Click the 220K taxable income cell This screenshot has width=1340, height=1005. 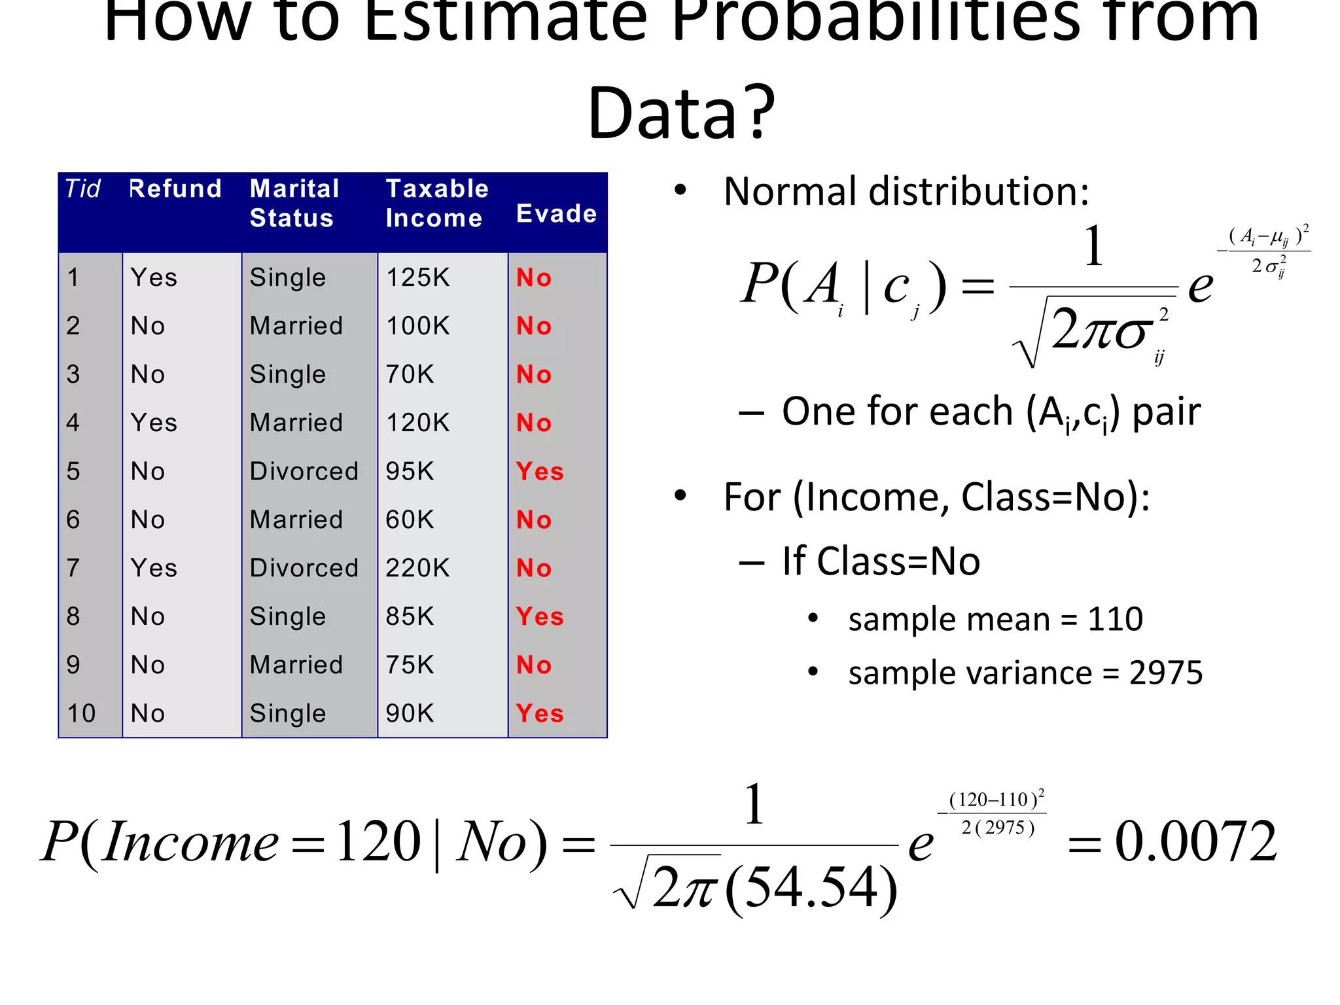(x=417, y=568)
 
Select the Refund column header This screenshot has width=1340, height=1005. (x=175, y=189)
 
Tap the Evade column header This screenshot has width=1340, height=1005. (x=556, y=214)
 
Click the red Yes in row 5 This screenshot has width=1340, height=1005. (x=540, y=471)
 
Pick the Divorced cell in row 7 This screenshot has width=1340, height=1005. (x=304, y=568)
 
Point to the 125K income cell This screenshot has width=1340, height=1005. (x=417, y=277)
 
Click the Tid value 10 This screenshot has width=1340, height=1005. (x=81, y=713)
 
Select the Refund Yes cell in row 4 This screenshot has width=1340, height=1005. (x=154, y=423)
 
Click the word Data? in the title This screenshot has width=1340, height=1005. (x=680, y=113)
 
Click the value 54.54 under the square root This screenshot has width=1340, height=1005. (x=811, y=888)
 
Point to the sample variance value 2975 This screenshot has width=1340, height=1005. (x=1166, y=673)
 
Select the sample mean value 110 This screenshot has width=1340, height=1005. (x=1115, y=619)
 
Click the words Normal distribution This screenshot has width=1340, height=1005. (x=906, y=192)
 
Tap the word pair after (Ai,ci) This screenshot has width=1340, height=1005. (x=1166, y=412)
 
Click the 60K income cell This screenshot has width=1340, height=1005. (x=410, y=520)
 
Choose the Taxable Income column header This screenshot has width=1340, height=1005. (x=436, y=203)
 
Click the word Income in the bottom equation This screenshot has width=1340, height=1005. (x=191, y=843)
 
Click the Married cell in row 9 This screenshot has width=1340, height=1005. (x=296, y=665)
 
